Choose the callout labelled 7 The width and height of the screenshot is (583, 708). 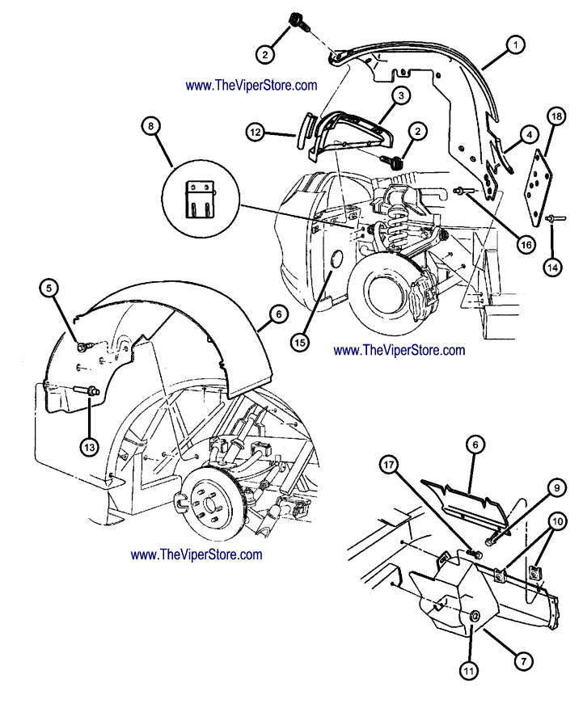(523, 660)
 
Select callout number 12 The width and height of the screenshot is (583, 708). (255, 130)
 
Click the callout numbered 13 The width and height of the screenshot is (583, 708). (88, 445)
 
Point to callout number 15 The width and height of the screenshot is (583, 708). (300, 342)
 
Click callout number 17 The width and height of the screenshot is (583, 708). (391, 465)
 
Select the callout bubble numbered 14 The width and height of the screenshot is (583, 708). (554, 264)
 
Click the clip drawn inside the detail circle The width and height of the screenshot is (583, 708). (197, 200)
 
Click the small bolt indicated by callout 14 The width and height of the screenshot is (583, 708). (552, 218)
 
